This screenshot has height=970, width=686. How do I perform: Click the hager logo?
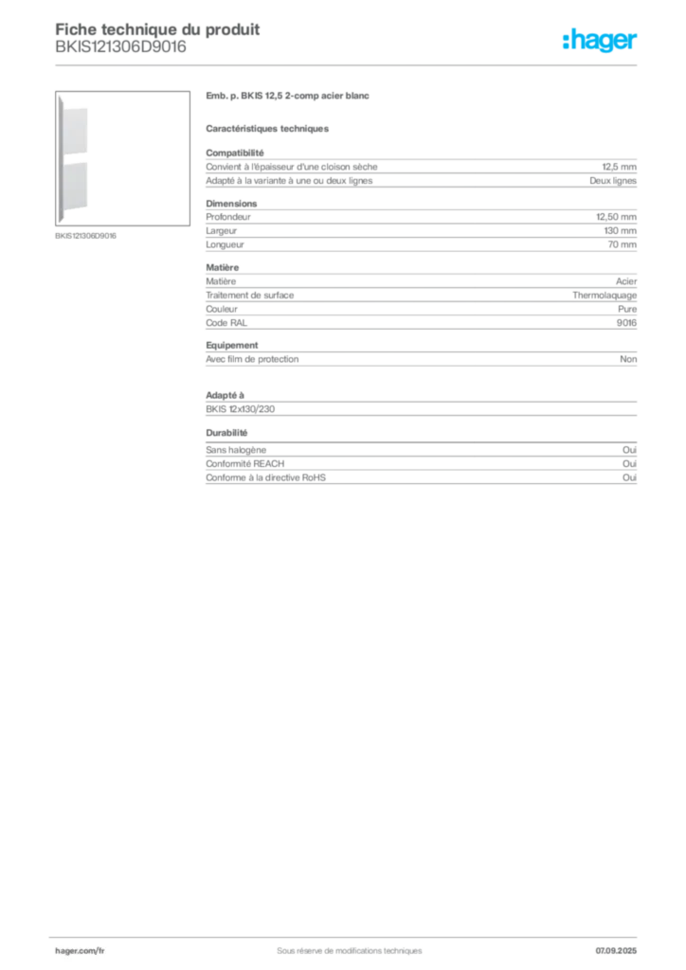coord(599,40)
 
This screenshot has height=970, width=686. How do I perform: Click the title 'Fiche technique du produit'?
coord(157,29)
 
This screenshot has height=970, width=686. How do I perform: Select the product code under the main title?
coord(120,47)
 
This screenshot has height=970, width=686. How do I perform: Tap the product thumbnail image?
coord(122,158)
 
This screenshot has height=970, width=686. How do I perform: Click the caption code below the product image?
coord(85,236)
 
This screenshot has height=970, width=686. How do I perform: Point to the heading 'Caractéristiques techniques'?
coord(267,129)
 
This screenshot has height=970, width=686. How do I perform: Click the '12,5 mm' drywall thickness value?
coord(619,167)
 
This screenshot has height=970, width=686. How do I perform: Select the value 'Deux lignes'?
coord(613,181)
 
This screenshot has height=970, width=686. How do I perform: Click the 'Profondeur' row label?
coord(228,217)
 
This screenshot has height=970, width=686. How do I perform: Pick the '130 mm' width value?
coord(621,231)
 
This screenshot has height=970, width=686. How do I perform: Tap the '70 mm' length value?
coord(623,244)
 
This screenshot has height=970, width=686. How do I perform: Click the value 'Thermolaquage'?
coord(605,296)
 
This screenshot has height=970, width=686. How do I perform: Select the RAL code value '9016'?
coord(626,323)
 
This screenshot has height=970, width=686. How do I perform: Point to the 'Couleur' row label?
coord(222,309)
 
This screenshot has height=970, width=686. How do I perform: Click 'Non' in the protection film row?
coord(628,359)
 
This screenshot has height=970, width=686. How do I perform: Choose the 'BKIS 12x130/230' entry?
coord(240,409)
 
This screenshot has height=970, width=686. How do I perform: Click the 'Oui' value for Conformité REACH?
coord(630,463)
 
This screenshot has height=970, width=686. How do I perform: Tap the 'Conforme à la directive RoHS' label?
coord(265,477)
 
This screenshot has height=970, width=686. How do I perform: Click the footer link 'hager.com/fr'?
coord(80,951)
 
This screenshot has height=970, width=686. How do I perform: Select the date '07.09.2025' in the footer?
coord(616,951)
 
